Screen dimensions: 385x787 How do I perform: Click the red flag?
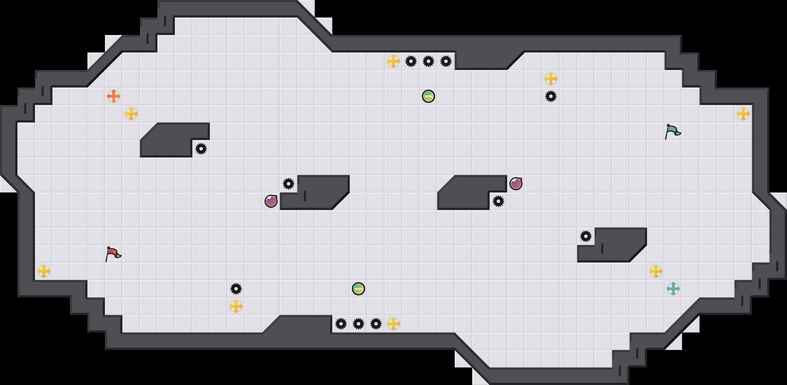click(113, 254)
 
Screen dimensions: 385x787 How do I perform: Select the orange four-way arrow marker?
click(114, 96)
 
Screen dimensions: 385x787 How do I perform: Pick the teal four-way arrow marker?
click(673, 289)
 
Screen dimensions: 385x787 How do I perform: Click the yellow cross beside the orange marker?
click(131, 114)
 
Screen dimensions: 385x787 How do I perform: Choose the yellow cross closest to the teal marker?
click(656, 271)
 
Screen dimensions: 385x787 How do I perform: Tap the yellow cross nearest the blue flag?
click(743, 114)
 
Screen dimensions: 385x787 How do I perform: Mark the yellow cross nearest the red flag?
click(44, 271)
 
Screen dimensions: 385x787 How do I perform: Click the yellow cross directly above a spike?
click(551, 79)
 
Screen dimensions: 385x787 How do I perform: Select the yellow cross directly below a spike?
click(236, 306)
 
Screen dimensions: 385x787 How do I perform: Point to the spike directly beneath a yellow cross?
click(551, 96)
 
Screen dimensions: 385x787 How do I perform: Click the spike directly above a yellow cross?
click(236, 289)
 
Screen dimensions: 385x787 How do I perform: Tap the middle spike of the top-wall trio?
click(428, 61)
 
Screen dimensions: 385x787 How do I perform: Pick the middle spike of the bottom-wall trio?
click(359, 324)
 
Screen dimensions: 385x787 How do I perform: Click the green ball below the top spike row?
click(428, 96)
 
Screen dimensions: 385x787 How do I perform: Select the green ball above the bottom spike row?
click(359, 289)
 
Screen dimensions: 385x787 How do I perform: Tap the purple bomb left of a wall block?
click(271, 201)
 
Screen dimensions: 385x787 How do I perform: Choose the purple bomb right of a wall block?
click(516, 184)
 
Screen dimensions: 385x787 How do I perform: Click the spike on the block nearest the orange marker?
click(201, 149)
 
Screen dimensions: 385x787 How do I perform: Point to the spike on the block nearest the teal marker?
click(586, 236)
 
